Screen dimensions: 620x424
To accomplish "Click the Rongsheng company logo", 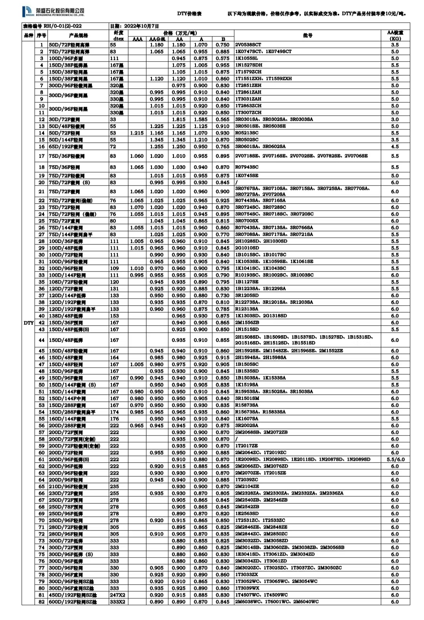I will (54, 12).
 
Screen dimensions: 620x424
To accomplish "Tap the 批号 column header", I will (307, 35).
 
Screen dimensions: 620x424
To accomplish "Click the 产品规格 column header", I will (78, 35).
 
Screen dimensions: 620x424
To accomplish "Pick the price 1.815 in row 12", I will (179, 119).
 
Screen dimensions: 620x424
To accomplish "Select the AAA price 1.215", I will (137, 133).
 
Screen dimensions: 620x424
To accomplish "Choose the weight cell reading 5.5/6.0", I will (395, 460).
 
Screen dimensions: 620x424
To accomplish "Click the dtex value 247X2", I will (117, 595).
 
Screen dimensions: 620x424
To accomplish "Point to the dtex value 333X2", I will (117, 602).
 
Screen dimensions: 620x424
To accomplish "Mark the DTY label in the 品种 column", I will (29, 323).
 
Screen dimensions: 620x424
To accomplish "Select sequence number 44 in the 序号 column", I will (42, 340).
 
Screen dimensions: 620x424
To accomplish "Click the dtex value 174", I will (114, 412).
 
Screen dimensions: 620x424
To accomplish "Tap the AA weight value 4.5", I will (395, 147).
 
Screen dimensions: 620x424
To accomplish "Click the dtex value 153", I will (114, 316).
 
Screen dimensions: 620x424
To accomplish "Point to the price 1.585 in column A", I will (201, 119).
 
